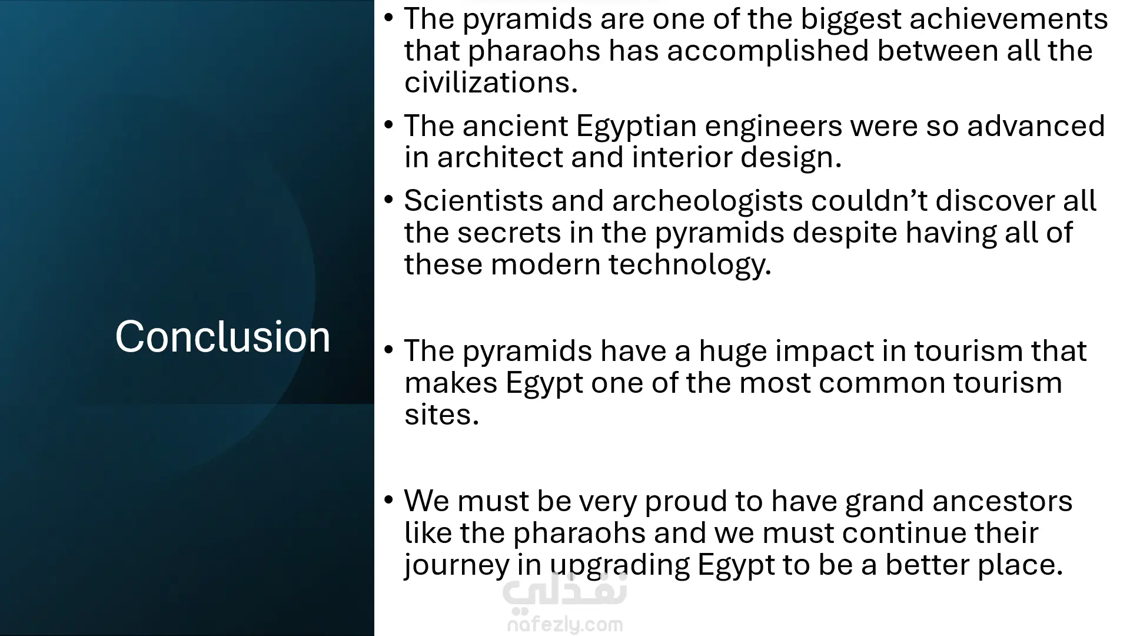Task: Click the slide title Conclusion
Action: [x=222, y=336]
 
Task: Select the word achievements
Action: [x=1009, y=19]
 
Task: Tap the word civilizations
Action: [x=491, y=82]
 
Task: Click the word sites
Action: [x=441, y=415]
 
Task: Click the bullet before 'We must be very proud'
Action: [x=388, y=500]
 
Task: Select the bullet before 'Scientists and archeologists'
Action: [x=388, y=200]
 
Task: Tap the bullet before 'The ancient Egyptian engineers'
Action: [x=388, y=125]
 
